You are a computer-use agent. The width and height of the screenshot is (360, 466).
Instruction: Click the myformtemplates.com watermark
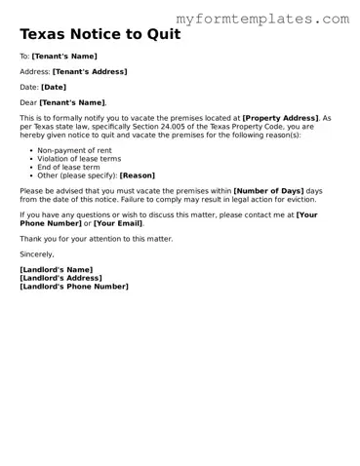[x=262, y=19]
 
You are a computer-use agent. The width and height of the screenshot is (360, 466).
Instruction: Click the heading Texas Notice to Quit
[x=101, y=34]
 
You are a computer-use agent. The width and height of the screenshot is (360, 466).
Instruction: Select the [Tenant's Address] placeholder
[x=89, y=72]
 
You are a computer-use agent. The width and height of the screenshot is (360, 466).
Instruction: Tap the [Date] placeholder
[x=55, y=87]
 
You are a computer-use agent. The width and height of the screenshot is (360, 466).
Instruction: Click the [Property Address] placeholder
[x=280, y=117]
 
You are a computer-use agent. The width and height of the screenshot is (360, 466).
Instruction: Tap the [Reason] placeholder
[x=138, y=175]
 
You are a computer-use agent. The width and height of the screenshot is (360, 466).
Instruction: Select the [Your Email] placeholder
[x=118, y=223]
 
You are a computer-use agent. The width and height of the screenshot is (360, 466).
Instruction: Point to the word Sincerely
[x=37, y=253]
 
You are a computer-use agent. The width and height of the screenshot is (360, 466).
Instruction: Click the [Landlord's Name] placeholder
[x=56, y=269]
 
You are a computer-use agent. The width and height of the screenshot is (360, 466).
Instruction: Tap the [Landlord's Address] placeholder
[x=61, y=278]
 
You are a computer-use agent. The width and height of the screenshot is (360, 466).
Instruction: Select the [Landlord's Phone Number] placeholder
[x=73, y=287]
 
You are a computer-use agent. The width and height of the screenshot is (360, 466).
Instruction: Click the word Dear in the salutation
[x=28, y=102]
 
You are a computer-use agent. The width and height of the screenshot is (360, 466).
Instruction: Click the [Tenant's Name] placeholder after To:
[x=64, y=57]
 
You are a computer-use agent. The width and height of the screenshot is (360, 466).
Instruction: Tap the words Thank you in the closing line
[x=38, y=239]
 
